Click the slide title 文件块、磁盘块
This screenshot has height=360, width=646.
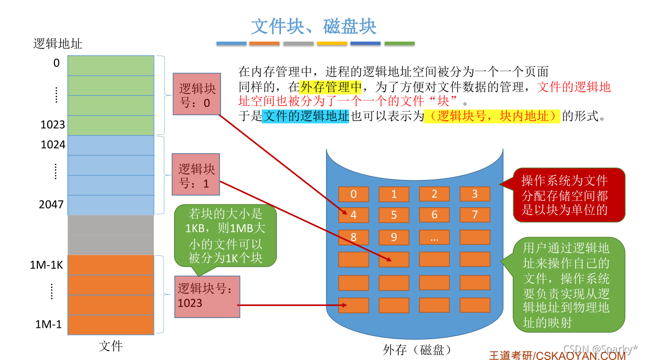[x=314, y=26]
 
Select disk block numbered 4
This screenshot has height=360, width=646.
[x=354, y=215]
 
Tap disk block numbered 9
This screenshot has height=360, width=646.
[x=394, y=238]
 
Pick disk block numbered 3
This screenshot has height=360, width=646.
[x=474, y=195]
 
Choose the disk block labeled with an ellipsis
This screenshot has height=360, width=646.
[x=434, y=238]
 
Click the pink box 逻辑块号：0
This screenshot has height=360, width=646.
[x=196, y=94]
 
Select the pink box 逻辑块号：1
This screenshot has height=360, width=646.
[x=195, y=174]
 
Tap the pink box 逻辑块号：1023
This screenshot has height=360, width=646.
[x=207, y=296]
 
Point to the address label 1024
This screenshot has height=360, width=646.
[x=53, y=145]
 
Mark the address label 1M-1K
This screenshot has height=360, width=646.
[x=47, y=265]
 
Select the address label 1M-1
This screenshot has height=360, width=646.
[x=48, y=325]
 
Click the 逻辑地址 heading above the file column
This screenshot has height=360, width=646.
[x=58, y=44]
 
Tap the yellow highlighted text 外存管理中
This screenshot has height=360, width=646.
[x=331, y=87]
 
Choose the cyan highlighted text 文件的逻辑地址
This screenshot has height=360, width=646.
[x=306, y=116]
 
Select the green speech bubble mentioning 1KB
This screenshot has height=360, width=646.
[x=226, y=236]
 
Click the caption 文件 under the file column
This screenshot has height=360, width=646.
[x=110, y=345]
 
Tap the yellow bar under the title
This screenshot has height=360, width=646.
[x=332, y=44]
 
